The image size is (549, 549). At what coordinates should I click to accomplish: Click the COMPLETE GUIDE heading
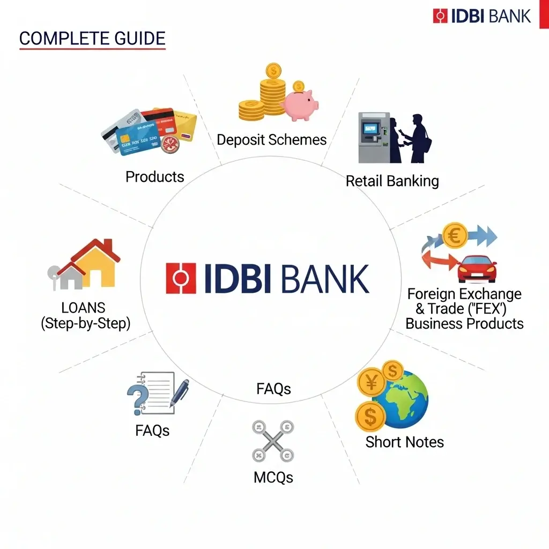click(92, 39)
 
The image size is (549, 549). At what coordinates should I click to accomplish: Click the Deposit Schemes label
click(271, 140)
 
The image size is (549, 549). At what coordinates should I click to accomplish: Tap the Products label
click(154, 177)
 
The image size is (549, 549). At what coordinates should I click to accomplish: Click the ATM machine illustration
click(374, 137)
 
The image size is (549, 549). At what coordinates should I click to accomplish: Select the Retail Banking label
click(392, 181)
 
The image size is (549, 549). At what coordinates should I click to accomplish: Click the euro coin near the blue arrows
click(455, 236)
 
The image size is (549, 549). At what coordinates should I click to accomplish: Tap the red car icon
click(477, 268)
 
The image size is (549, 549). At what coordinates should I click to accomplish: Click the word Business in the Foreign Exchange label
click(434, 324)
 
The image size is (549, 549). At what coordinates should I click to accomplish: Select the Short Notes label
click(404, 442)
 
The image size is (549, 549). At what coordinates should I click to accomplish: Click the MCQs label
click(273, 477)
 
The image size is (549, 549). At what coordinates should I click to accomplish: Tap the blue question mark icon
click(137, 399)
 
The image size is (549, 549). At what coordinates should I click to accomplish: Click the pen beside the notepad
click(180, 393)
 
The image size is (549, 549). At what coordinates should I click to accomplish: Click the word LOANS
click(83, 308)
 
